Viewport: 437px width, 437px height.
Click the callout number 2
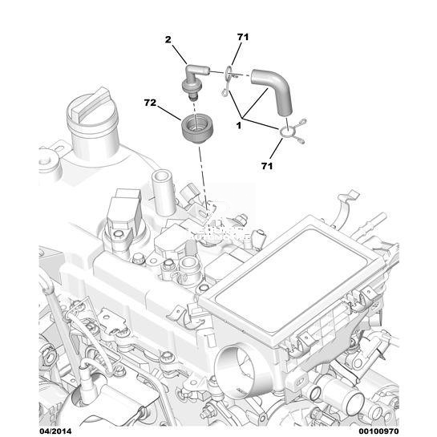(x=168, y=40)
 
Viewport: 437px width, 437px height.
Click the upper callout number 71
(x=243, y=37)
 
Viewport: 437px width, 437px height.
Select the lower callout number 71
(x=267, y=166)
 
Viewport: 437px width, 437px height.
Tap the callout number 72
(x=150, y=103)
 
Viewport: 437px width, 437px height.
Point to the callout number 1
(x=239, y=126)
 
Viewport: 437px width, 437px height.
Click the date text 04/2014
(x=55, y=431)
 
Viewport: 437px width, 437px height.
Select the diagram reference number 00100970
(x=378, y=431)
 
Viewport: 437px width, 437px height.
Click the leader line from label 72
(x=169, y=112)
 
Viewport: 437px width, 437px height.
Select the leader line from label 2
(x=180, y=55)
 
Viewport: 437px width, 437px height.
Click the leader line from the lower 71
(x=276, y=149)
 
